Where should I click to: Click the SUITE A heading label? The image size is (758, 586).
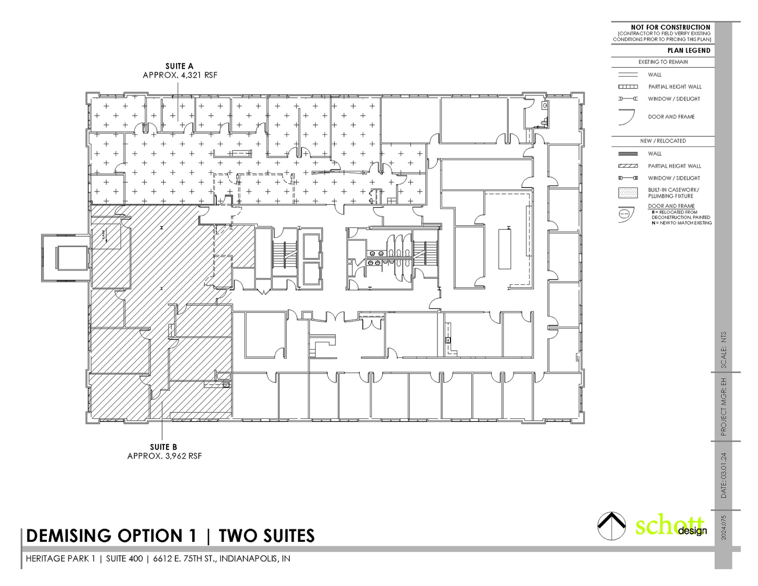(180, 66)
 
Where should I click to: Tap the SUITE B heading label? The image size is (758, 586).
(163, 447)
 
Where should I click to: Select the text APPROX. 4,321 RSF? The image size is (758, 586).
(180, 75)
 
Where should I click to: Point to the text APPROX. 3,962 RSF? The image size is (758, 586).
(165, 456)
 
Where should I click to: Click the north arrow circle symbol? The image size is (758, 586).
(612, 526)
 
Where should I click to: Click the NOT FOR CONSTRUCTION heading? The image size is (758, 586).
(670, 27)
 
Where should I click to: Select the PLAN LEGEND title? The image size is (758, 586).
(689, 51)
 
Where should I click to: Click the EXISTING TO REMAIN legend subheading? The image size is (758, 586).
(663, 62)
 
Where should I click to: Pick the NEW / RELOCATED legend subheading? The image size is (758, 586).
(663, 141)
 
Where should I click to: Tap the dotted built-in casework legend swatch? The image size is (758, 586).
(628, 193)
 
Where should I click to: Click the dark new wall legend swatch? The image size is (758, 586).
(628, 154)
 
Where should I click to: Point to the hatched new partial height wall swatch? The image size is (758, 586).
(628, 166)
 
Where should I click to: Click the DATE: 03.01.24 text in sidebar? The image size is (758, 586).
(724, 475)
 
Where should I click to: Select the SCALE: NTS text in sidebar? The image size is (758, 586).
(724, 350)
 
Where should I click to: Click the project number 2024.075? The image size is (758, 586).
(724, 528)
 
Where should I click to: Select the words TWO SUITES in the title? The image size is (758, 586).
(267, 536)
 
